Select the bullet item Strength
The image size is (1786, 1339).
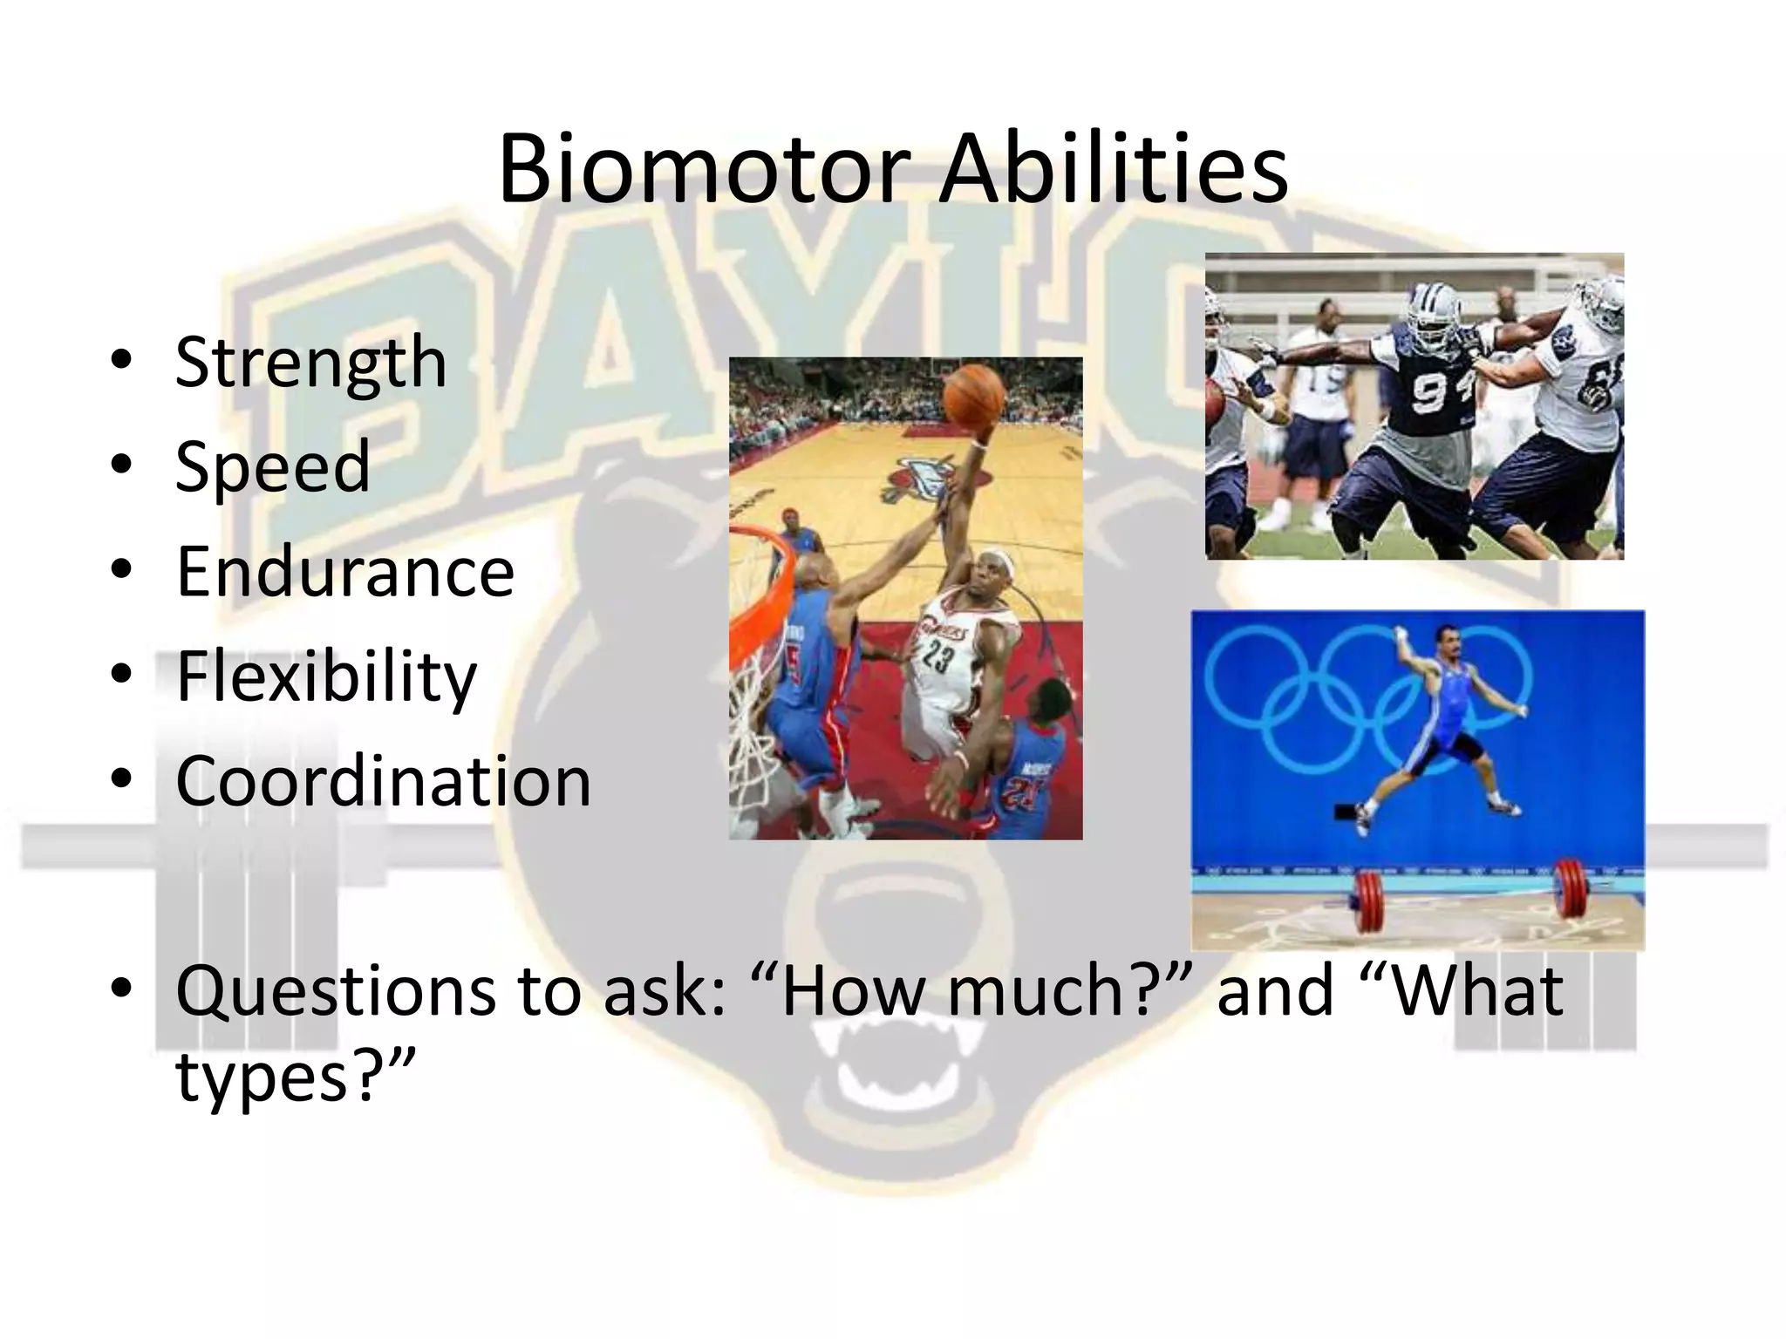[x=310, y=363]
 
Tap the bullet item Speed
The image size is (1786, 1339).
[x=272, y=467]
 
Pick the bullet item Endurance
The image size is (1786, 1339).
[x=345, y=572]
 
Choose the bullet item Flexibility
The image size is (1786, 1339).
[x=326, y=676]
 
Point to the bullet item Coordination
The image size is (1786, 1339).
[x=384, y=781]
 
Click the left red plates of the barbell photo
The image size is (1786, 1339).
[x=1367, y=903]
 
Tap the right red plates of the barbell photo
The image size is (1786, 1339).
[x=1571, y=889]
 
